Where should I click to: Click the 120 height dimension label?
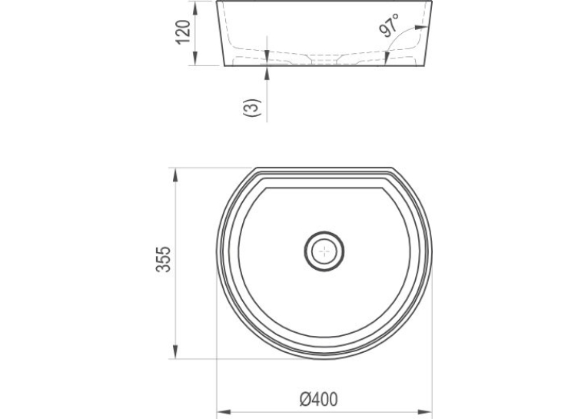coord(184,32)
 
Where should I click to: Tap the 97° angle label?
coord(389,25)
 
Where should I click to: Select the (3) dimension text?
coord(252,108)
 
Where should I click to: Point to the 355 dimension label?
coord(164,259)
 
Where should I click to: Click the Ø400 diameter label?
coord(319,399)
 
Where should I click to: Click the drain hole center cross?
coord(324,251)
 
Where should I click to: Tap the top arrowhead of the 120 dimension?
coord(195,8)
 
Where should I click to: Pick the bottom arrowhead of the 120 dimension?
coord(195,58)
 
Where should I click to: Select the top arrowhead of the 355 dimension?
coord(175,175)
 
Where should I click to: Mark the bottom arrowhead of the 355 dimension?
coord(175,351)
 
